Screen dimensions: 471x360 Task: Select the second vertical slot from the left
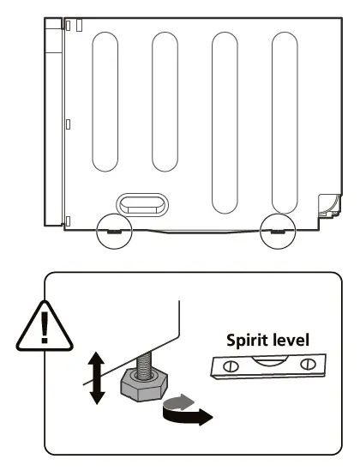pos(165,101)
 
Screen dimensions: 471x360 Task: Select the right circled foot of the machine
pos(277,230)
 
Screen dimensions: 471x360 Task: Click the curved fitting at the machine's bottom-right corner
pos(327,204)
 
